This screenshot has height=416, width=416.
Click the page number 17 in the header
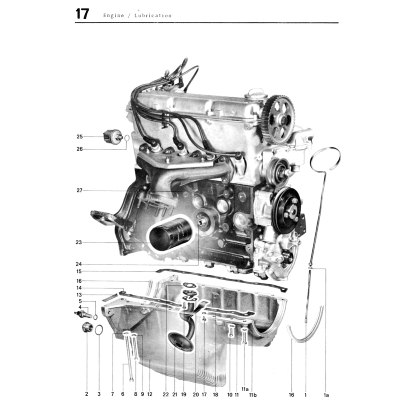82,14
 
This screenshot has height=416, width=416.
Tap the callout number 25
80,136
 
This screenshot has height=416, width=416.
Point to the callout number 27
80,191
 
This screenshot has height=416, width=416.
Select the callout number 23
79,243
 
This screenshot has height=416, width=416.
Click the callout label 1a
326,394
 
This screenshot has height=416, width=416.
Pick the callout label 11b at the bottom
253,394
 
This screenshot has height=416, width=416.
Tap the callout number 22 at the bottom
165,394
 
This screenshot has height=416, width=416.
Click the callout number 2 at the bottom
87,394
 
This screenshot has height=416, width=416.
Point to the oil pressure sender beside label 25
113,136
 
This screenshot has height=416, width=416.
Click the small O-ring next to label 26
127,138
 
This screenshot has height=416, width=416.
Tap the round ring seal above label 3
99,329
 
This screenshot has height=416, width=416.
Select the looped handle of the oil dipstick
325,158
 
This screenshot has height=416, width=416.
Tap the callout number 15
79,271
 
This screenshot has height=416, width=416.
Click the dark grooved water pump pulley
287,210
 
